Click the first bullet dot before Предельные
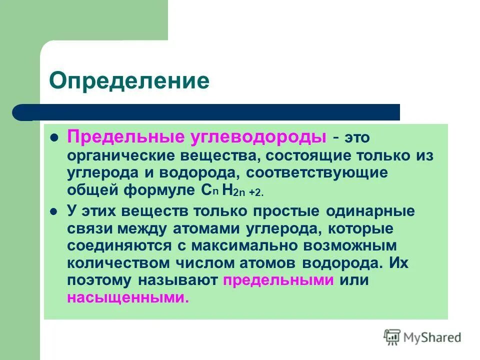point(55,137)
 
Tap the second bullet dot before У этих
point(55,210)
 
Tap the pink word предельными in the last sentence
point(278,280)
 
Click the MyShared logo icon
point(391,338)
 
